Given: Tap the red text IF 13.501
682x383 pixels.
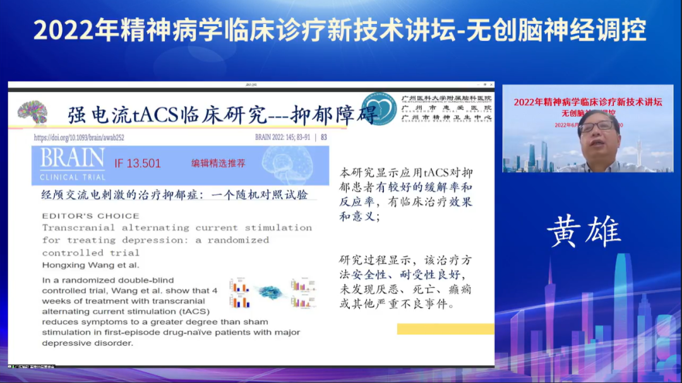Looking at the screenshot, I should (138, 163).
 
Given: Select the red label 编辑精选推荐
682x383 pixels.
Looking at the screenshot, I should (218, 163).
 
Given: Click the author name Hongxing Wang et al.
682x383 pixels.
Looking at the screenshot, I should (90, 265).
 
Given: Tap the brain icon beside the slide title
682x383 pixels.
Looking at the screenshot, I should (32, 112).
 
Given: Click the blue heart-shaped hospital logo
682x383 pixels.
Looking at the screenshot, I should (380, 109).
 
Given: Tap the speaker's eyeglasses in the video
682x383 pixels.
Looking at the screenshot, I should (595, 126).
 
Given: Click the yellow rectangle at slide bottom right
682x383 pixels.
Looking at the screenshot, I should (445, 329).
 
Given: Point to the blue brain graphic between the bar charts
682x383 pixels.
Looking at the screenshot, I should (270, 292).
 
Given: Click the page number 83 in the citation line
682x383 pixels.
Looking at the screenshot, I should (324, 137).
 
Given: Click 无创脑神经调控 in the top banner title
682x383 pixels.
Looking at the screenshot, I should (557, 30).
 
